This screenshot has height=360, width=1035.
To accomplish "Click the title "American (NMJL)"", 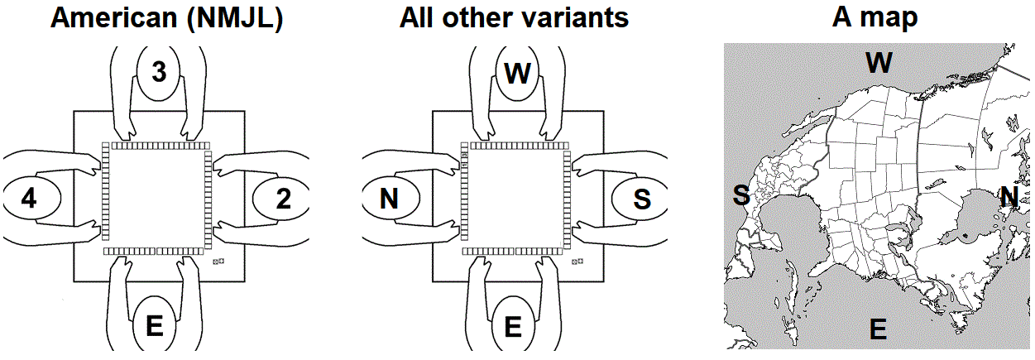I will click(x=167, y=17).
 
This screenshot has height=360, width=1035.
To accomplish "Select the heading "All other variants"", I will click(x=514, y=17).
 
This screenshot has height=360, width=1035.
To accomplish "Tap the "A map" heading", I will click(x=874, y=17).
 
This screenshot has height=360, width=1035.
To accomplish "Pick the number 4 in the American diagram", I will click(x=30, y=199).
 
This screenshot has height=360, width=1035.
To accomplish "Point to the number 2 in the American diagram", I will click(x=283, y=199).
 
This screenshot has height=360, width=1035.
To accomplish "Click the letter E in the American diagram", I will click(x=155, y=327).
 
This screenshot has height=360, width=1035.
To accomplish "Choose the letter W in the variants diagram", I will click(x=517, y=73).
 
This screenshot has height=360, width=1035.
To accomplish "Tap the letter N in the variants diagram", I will click(x=389, y=199).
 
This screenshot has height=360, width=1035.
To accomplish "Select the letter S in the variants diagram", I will click(x=642, y=199).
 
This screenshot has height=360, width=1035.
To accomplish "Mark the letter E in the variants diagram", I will click(x=513, y=327).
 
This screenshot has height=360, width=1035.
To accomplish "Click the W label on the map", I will click(x=879, y=61).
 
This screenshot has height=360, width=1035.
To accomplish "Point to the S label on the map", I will click(x=741, y=195).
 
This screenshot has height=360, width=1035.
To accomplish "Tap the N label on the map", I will click(x=1009, y=196).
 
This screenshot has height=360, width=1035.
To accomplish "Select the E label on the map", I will click(x=878, y=330).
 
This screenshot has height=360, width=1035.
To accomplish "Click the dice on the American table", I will click(x=219, y=262).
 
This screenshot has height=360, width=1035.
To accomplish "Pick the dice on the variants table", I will click(x=577, y=262).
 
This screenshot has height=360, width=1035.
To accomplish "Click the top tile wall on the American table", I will click(x=157, y=144).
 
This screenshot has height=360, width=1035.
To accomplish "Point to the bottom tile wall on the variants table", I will click(x=514, y=251).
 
